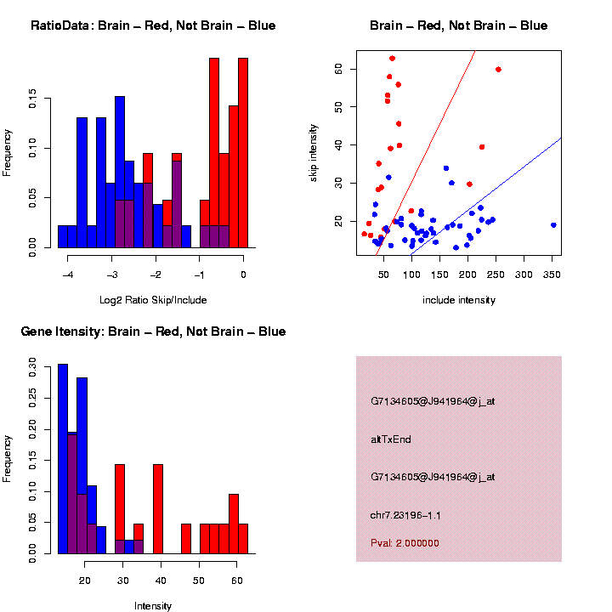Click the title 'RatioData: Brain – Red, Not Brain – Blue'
click(153, 25)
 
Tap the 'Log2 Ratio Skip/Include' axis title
click(153, 300)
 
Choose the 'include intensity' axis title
click(459, 300)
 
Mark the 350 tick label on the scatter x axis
click(551, 275)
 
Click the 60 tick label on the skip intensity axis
click(338, 69)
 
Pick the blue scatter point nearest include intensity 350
click(552, 225)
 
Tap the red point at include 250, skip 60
click(498, 70)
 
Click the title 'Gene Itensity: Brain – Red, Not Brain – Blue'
click(153, 331)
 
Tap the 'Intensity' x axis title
click(153, 606)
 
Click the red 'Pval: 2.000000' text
click(405, 543)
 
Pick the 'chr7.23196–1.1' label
click(405, 515)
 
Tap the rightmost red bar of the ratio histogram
click(243, 153)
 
